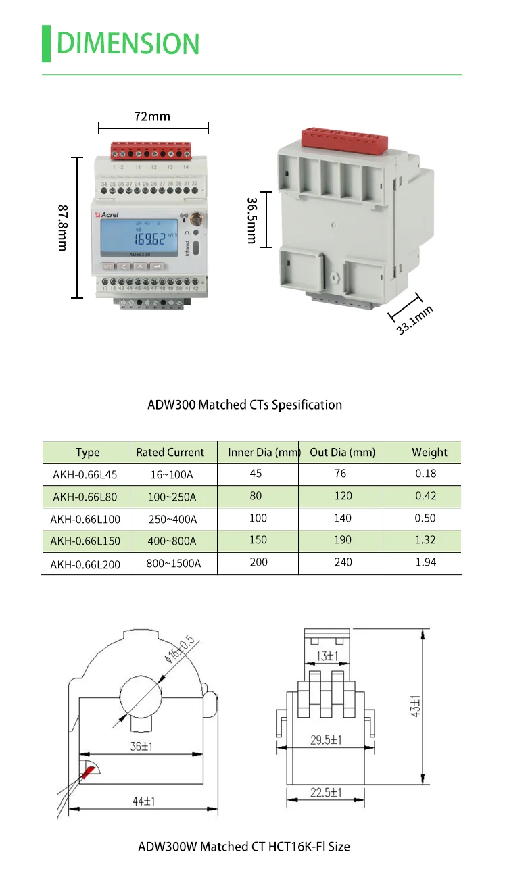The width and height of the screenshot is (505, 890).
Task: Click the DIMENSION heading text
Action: (x=128, y=43)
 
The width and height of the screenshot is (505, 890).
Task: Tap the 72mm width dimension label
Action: (x=152, y=116)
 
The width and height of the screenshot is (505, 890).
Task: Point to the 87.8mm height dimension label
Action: (x=63, y=228)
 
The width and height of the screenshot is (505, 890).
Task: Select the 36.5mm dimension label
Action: (x=251, y=220)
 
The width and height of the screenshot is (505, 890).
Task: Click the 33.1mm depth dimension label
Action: (x=414, y=321)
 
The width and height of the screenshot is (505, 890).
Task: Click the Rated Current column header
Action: (x=170, y=452)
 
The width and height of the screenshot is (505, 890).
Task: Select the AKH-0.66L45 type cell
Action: (x=85, y=474)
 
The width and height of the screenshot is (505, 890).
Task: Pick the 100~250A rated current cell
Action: (x=172, y=497)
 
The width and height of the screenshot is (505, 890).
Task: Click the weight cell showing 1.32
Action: (x=425, y=540)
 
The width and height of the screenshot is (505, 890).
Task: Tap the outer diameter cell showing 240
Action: (x=343, y=562)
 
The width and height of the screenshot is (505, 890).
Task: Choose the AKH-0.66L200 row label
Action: (x=85, y=564)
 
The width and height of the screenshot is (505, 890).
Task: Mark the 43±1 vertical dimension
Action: (x=415, y=706)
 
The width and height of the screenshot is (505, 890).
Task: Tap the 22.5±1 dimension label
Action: (x=325, y=792)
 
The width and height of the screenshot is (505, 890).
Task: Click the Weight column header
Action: (x=429, y=452)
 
